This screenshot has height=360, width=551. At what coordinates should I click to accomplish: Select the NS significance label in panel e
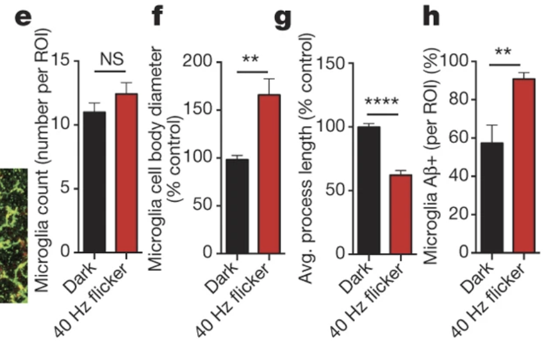pos(112,59)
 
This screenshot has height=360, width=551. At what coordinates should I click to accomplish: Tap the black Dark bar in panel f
pos(238,206)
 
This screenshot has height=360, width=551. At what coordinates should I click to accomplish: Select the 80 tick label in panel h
pos(459,100)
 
